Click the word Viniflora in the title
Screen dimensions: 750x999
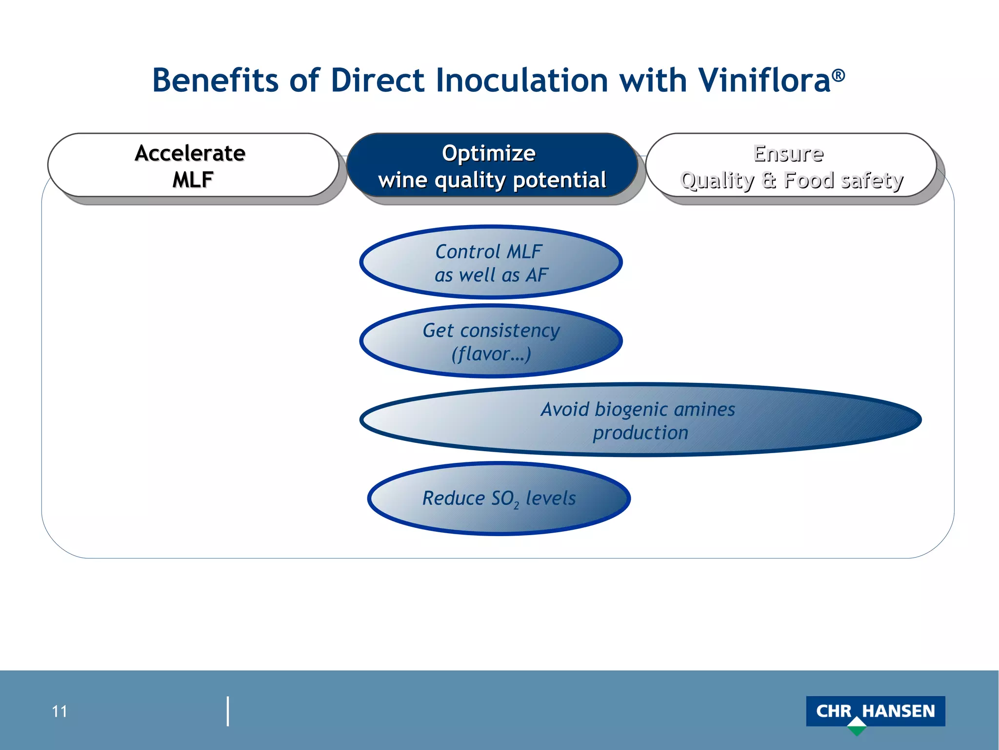[x=764, y=81]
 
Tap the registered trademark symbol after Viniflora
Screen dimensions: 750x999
[x=839, y=75]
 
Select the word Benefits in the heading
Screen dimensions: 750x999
[x=215, y=81]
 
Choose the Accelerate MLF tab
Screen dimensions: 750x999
[x=193, y=166]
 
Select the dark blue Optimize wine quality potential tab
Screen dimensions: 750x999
[x=492, y=166]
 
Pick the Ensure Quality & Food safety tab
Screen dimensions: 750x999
[x=791, y=166]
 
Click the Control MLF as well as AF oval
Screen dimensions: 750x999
[x=491, y=263]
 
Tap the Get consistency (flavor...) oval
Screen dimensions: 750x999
[x=491, y=341]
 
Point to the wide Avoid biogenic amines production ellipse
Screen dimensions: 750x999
[x=640, y=420]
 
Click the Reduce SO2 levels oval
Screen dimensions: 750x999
[x=499, y=499]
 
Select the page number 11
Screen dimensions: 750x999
[x=60, y=711]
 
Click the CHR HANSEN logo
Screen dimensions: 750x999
[x=875, y=711]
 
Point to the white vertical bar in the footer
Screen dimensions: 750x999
[x=228, y=711]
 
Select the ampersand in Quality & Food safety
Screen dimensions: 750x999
[x=769, y=180]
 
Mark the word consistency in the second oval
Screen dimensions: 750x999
[x=510, y=331]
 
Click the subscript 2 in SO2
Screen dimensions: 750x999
[x=516, y=506]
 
